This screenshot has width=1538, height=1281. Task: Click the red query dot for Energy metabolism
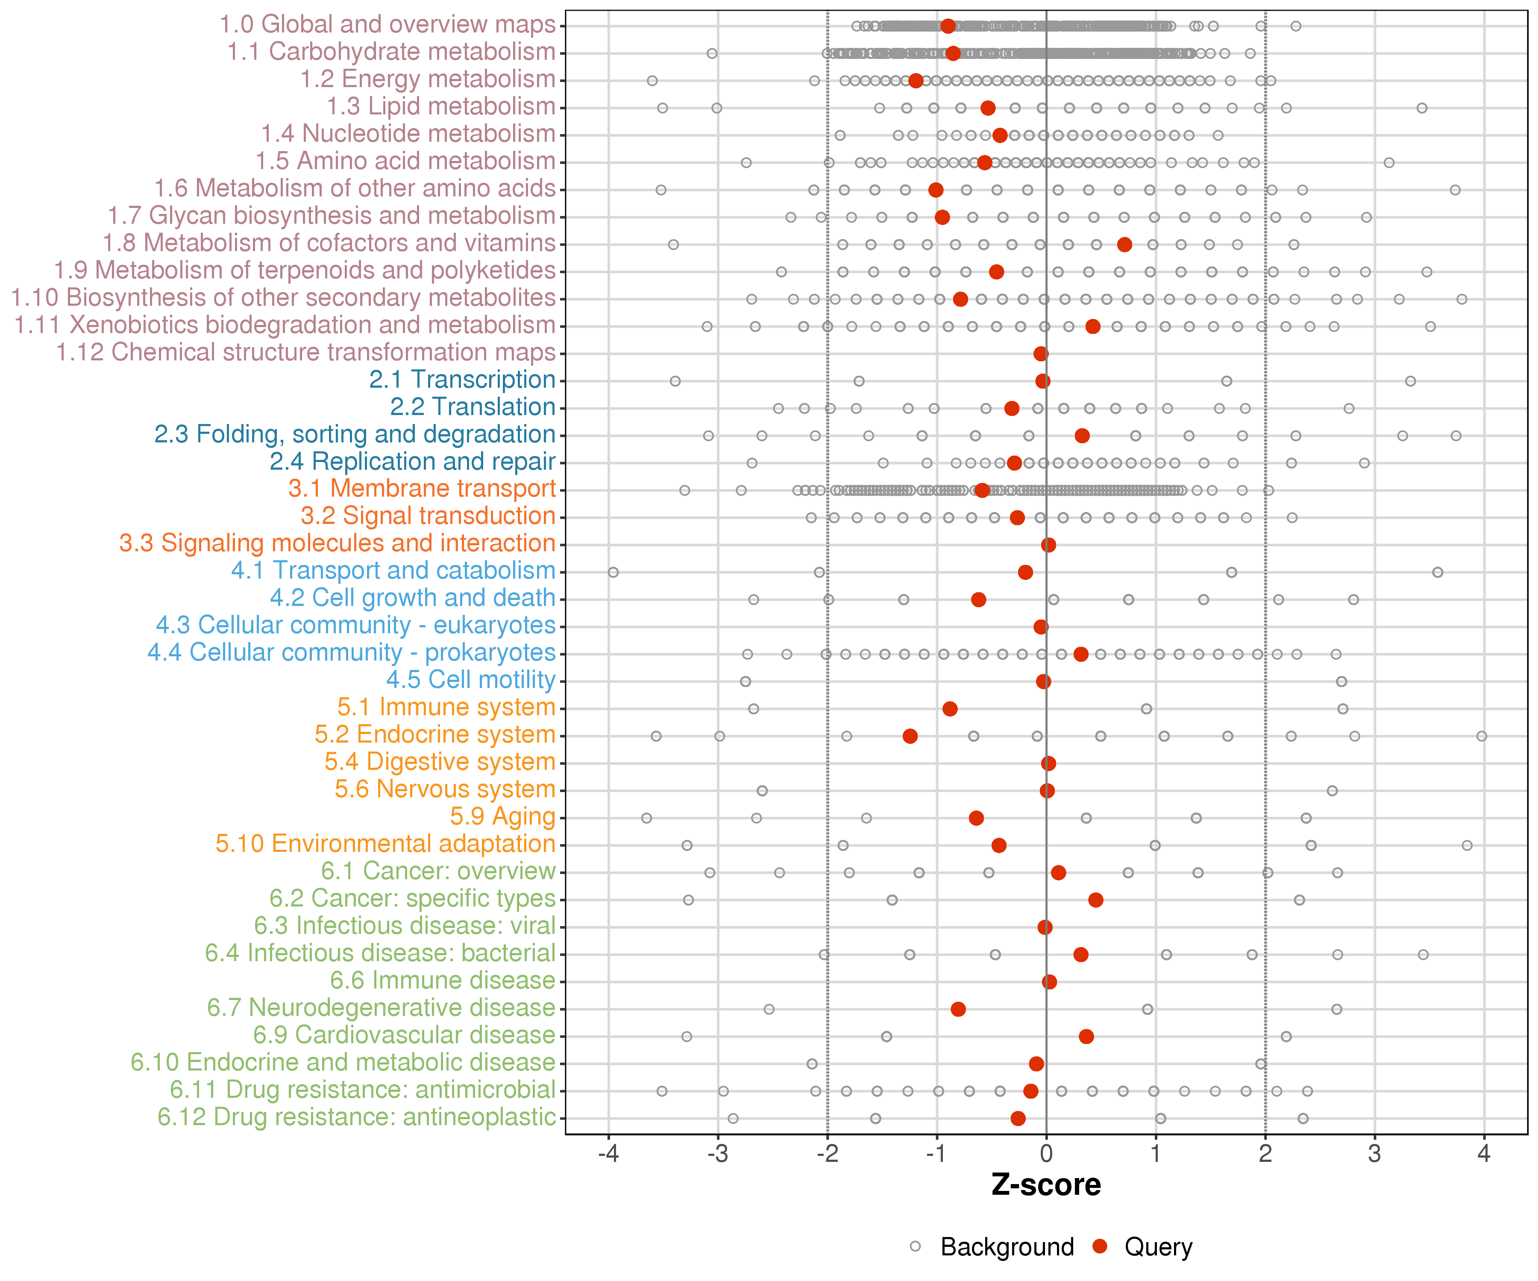pyautogui.click(x=916, y=81)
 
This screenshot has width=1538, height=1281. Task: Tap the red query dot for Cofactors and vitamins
pyautogui.click(x=1124, y=245)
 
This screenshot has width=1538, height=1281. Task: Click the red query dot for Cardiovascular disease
pyautogui.click(x=1086, y=1036)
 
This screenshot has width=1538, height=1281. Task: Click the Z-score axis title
pyautogui.click(x=1046, y=1184)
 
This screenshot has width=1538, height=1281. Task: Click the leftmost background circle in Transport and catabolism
pyautogui.click(x=613, y=573)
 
